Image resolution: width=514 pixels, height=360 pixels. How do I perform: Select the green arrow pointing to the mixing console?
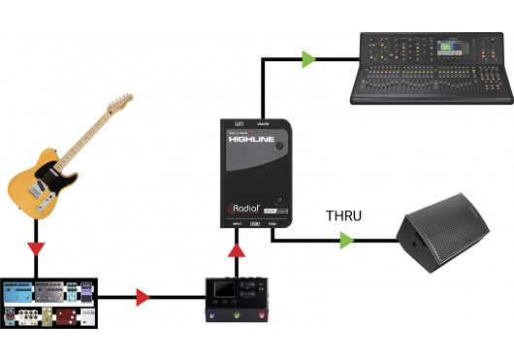coord(308,59)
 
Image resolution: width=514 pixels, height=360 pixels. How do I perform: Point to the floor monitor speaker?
coord(447,237)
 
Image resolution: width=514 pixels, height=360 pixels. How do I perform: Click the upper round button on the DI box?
coord(278,146)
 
